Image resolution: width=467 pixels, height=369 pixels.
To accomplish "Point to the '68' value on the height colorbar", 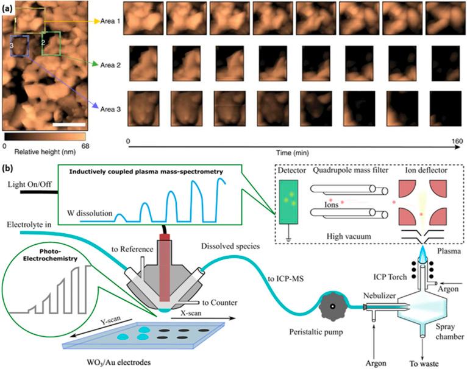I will (x=85, y=147).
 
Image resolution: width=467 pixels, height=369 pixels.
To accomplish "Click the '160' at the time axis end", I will (x=454, y=141).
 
